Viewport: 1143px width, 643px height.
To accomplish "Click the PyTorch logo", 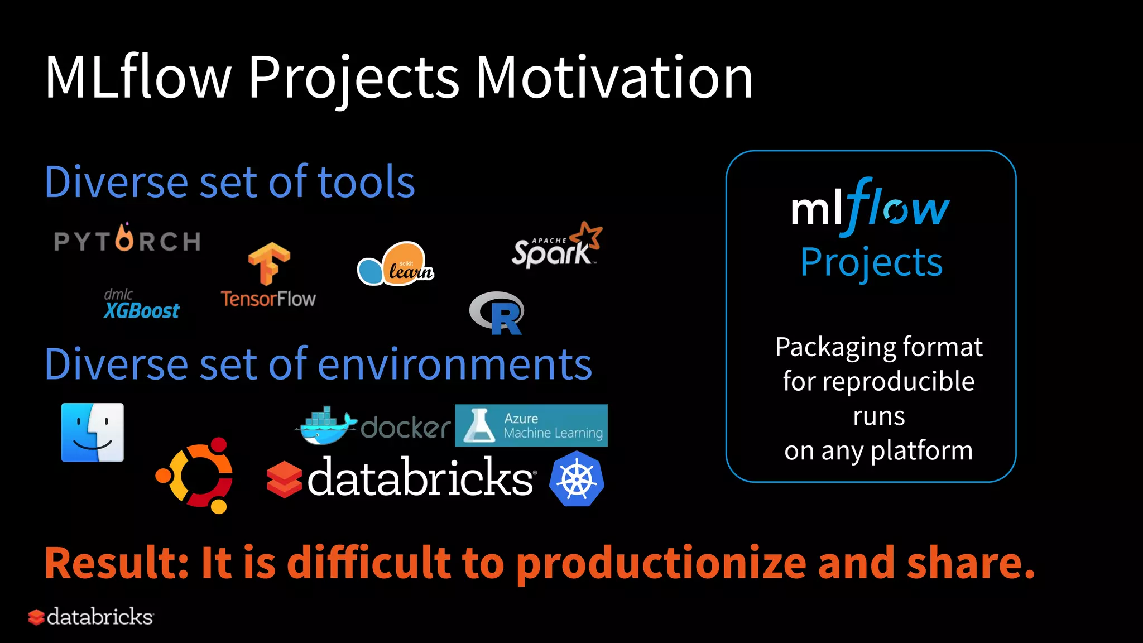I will (127, 240).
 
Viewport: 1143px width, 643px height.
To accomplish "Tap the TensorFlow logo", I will (268, 276).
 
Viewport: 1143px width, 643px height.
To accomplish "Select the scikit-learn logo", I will (396, 265).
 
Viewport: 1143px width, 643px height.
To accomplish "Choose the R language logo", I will (497, 313).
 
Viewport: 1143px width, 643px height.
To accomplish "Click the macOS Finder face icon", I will (93, 433).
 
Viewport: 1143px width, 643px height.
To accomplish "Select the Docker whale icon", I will (325, 426).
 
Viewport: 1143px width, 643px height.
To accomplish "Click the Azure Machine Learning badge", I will (531, 425).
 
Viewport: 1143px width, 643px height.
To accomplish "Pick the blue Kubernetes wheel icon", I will (577, 479).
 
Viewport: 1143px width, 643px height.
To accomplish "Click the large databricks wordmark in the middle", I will (420, 479).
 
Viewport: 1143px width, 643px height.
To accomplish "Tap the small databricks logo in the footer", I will (91, 617).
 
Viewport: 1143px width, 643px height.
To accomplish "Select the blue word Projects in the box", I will (871, 262).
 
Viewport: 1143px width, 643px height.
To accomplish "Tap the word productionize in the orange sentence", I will (661, 563).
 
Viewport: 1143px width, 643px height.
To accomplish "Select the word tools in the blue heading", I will (366, 183).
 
